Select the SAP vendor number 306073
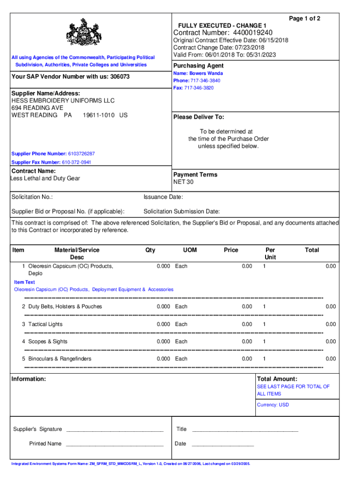point(120,77)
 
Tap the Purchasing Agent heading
point(198,66)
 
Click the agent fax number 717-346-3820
point(202,88)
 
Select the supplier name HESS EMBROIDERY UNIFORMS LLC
point(63,101)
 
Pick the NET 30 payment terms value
point(183,182)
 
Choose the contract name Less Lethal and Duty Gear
point(46,178)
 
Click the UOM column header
point(190,250)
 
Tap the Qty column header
point(150,250)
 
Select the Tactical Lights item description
point(45,324)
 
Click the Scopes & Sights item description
point(48,341)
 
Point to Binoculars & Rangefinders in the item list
point(60,359)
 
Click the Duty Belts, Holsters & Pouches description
point(65,307)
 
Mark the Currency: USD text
point(273,405)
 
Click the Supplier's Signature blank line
point(115,429)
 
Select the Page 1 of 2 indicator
point(304,19)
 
